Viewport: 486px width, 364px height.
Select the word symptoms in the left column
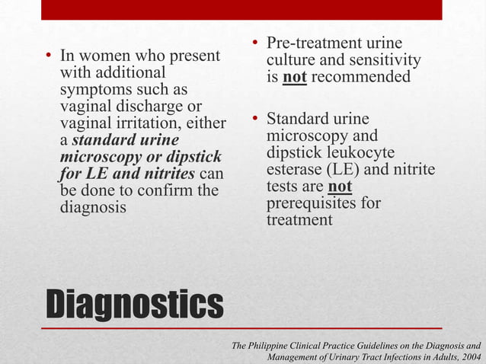(94, 90)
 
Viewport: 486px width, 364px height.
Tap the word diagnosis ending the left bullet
(94, 207)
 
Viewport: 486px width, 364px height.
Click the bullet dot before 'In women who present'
(48, 56)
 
